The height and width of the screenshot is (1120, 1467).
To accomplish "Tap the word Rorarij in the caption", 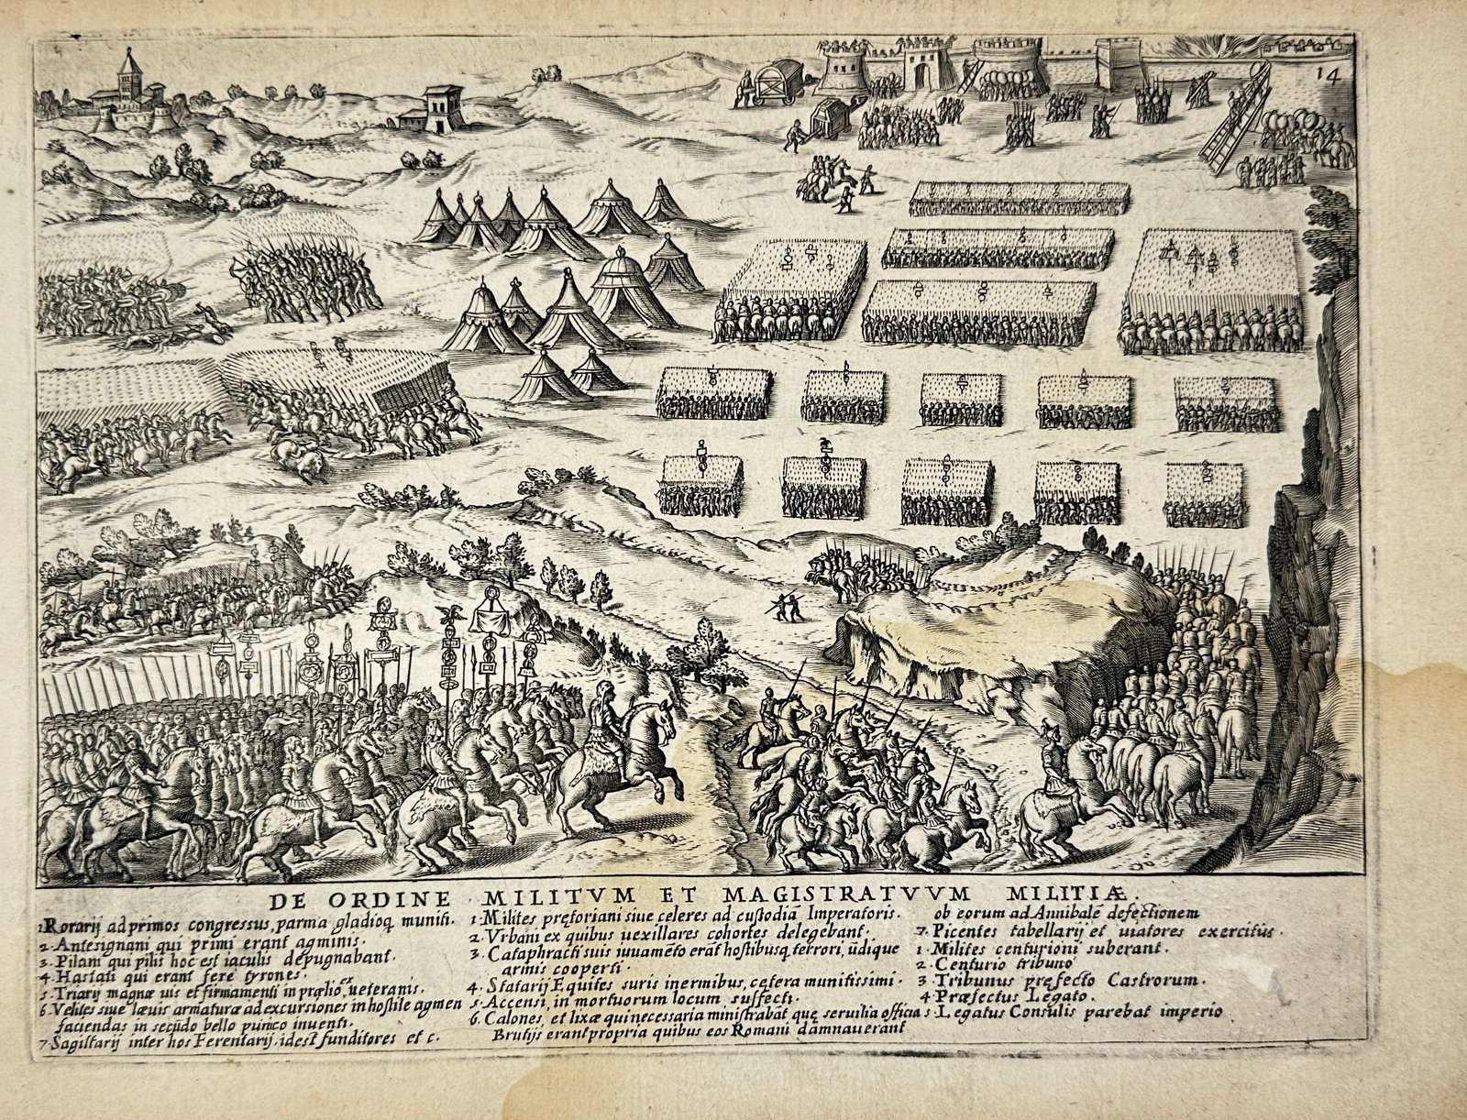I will [69, 911].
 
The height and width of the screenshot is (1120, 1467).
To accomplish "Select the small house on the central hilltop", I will [441, 107].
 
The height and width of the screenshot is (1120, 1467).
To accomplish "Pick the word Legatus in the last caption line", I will [971, 1012].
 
